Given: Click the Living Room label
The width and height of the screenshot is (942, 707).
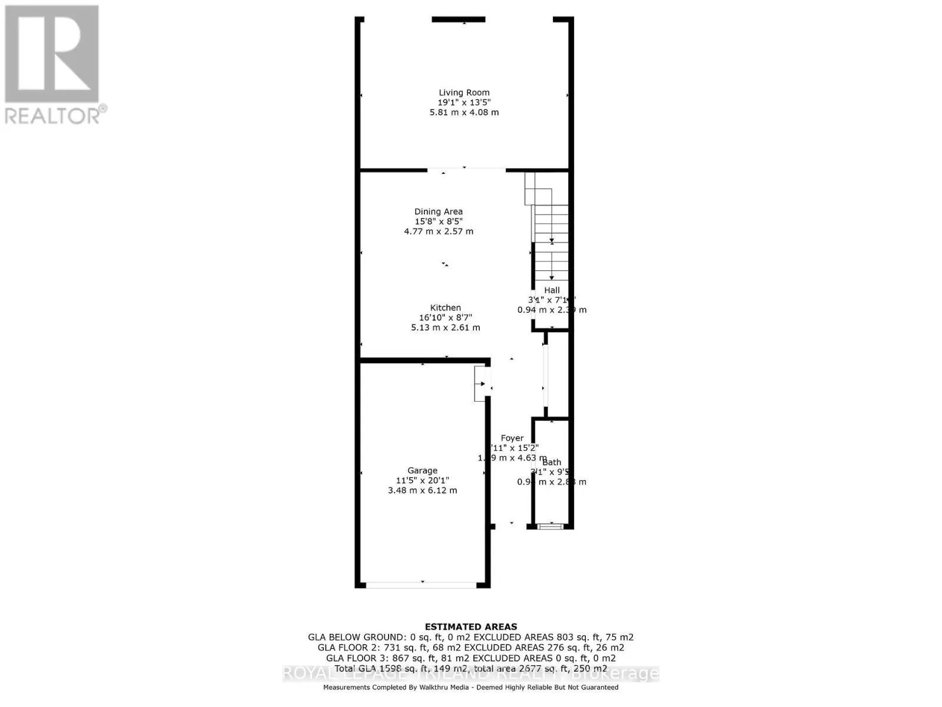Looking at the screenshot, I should [464, 92].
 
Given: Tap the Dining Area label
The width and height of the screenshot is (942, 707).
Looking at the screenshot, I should [438, 212].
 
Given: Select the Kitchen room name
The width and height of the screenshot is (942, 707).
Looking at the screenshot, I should [445, 308].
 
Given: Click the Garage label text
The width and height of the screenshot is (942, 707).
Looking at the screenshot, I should [422, 470].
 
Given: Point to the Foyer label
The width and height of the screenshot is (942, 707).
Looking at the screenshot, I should [512, 438].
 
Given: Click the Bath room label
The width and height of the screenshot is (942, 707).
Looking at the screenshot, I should [552, 462].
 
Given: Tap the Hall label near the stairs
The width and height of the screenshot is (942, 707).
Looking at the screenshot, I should [552, 290].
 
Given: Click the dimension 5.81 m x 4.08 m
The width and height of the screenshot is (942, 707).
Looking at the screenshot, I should [464, 112].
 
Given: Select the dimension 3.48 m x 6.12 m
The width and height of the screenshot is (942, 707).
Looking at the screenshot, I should [422, 490].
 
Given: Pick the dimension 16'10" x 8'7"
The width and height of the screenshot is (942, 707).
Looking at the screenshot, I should [446, 318].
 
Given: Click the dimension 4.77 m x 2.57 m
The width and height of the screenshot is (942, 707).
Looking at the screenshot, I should [438, 232].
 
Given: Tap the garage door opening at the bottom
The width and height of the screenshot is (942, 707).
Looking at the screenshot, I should [422, 585].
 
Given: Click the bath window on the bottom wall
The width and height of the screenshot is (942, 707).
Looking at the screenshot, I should [551, 526].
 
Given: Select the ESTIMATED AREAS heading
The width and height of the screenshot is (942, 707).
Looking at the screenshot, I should [471, 627].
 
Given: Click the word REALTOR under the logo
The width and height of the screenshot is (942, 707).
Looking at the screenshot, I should [53, 115].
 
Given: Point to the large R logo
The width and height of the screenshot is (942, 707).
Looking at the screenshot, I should [52, 54].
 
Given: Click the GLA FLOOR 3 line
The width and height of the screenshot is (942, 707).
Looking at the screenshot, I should [471, 658].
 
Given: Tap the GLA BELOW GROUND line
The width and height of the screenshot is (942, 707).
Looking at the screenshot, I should [471, 637].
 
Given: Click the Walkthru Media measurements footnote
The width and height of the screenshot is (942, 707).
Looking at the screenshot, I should [471, 687].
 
